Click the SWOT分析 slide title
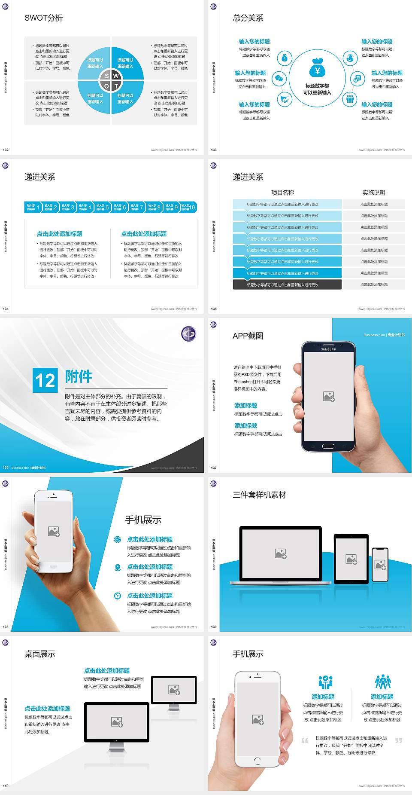tap(44, 18)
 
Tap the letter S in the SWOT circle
tap(107, 76)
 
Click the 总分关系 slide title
tap(248, 18)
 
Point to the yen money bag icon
tap(317, 67)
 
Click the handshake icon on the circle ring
tap(284, 100)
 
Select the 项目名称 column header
tap(282, 193)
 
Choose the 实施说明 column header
tap(374, 193)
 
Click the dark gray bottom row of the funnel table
tap(287, 284)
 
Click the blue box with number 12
tap(45, 380)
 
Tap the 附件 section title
tap(79, 376)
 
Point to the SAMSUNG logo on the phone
tap(328, 349)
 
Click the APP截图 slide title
tap(248, 336)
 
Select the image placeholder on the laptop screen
tap(281, 553)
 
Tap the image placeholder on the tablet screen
tap(351, 559)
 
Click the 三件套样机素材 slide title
tap(259, 495)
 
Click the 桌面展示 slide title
tap(40, 654)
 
